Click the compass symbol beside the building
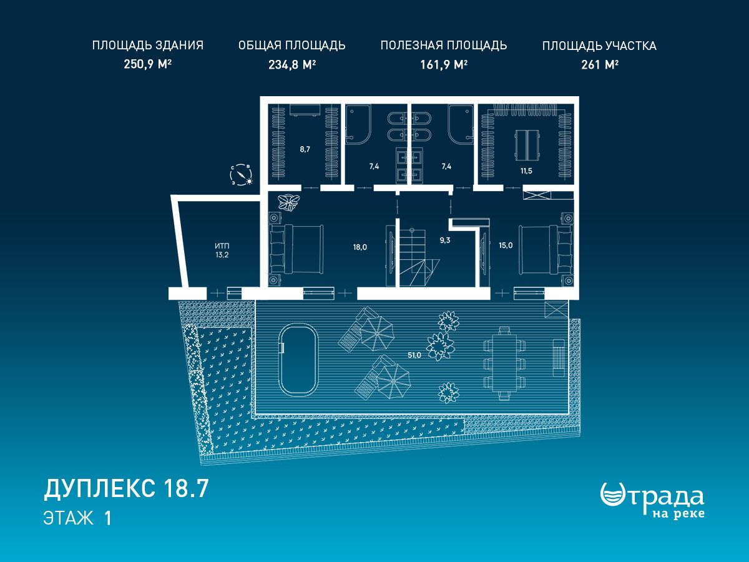(x=242, y=175)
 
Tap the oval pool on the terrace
(x=298, y=360)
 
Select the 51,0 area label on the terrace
(x=414, y=355)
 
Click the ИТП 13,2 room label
(x=222, y=250)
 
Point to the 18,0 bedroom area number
(x=360, y=247)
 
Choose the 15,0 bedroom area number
(x=506, y=245)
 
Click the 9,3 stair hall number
(x=445, y=240)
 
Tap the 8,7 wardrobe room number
(x=305, y=149)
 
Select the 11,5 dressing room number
(x=526, y=170)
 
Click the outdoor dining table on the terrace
(x=504, y=363)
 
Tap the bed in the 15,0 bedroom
(x=546, y=249)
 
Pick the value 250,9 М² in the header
(x=147, y=64)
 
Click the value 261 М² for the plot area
(x=600, y=64)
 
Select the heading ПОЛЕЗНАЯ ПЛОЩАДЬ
(x=444, y=46)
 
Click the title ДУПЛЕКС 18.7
(x=126, y=489)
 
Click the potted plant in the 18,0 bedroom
(x=289, y=202)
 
